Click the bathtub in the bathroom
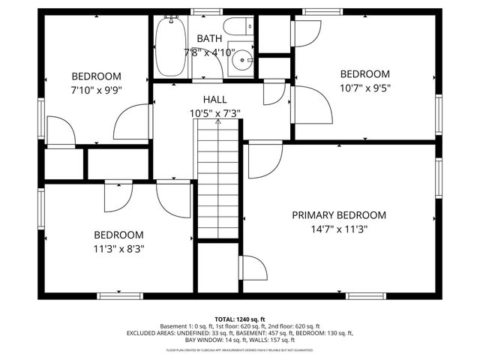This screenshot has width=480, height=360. (171, 46)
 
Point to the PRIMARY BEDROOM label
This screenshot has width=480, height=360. (339, 215)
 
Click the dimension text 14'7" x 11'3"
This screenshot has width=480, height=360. (339, 230)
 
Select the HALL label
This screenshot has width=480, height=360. (214, 99)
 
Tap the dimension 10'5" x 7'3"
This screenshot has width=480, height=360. (214, 113)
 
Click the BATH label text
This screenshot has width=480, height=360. (208, 38)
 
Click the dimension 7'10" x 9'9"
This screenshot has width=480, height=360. (96, 89)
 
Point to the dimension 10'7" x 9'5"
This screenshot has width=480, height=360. (365, 87)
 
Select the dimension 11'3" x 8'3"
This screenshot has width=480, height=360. (118, 248)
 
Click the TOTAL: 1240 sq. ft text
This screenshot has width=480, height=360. (240, 319)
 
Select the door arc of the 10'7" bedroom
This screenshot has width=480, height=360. (312, 105)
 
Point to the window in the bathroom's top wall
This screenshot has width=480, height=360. (201, 12)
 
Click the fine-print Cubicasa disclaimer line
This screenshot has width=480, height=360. (240, 349)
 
